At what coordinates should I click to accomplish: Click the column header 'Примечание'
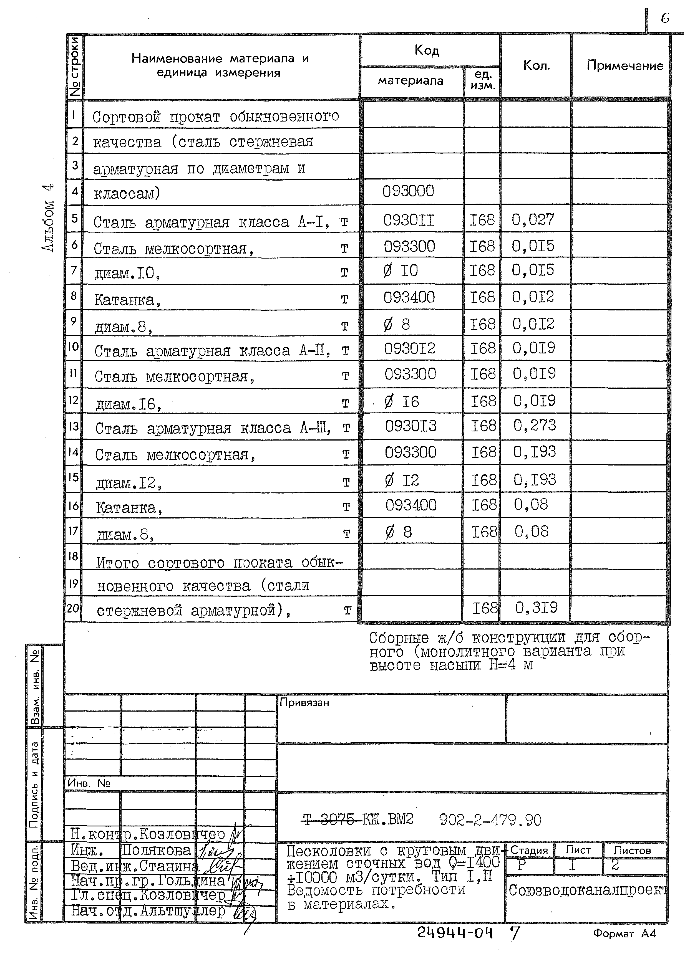(624, 65)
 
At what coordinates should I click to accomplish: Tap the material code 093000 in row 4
(408, 191)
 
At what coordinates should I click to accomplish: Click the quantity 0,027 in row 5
(533, 219)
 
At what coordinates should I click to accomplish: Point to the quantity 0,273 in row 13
(535, 425)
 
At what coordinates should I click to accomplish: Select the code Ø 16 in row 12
(402, 401)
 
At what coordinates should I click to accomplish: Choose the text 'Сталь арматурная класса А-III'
(212, 428)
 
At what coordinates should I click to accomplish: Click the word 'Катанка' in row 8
(125, 300)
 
